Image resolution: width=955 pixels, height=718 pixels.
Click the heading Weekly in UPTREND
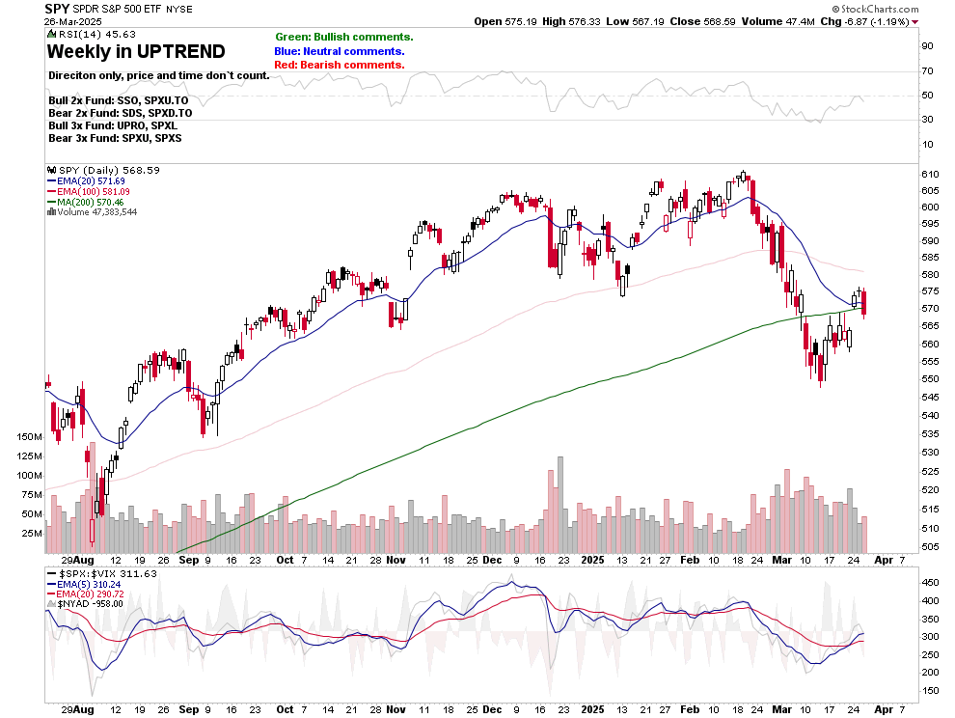136,51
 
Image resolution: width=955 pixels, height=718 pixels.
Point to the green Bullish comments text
343,37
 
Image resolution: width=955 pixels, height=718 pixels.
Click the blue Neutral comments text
340,51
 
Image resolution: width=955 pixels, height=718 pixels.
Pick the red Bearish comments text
340,65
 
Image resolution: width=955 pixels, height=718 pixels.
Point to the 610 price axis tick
930,173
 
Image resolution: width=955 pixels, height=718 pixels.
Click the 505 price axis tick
930,545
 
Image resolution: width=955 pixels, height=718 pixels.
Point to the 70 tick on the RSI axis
927,70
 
